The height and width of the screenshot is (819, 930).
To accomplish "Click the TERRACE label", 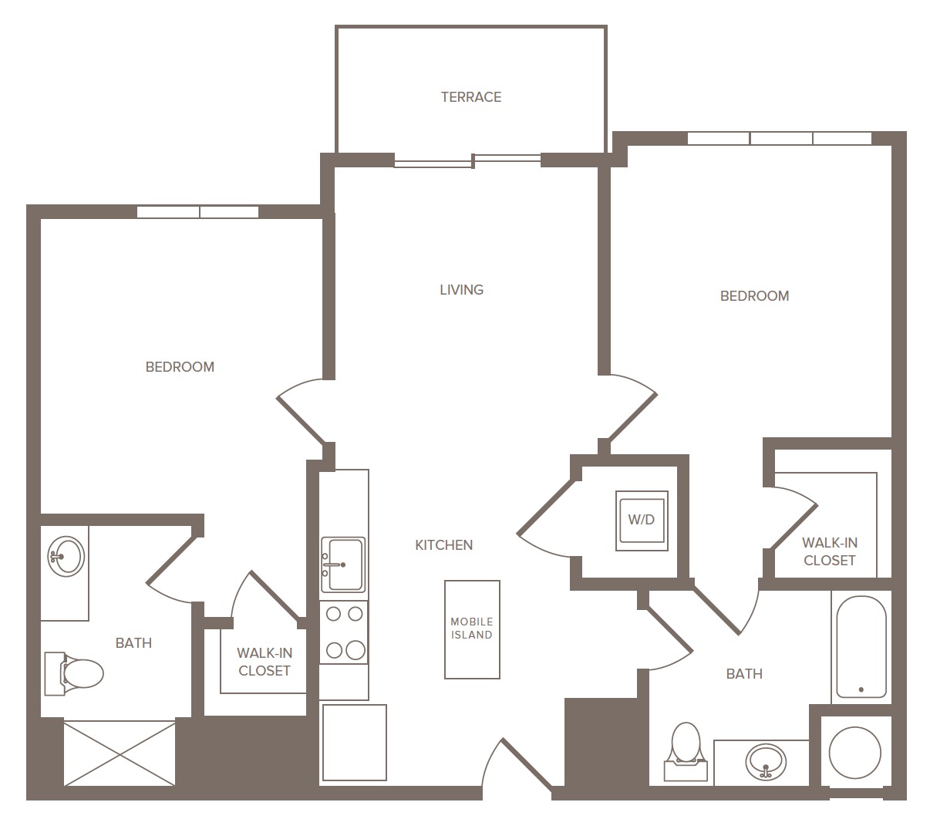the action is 471,97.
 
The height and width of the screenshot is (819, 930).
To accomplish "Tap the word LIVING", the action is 461,290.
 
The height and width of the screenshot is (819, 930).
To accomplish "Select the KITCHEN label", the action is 443,545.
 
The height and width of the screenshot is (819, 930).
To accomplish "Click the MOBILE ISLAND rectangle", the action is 472,629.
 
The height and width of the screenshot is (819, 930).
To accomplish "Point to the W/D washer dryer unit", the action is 642,520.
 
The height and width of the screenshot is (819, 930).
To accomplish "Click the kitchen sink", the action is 343,565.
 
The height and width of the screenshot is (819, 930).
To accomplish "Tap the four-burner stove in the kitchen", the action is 344,632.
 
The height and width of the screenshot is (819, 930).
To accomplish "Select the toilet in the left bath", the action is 74,673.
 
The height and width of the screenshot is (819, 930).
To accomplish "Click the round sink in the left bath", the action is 66,556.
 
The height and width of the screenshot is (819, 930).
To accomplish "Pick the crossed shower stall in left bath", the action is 120,753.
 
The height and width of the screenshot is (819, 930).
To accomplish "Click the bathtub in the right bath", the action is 861,647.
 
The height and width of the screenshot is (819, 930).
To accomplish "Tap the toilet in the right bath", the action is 686,751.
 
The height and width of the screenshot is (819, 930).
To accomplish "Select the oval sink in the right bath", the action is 766,762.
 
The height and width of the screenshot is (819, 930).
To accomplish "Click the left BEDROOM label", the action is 180,367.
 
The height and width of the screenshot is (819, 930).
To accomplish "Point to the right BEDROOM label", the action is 754,296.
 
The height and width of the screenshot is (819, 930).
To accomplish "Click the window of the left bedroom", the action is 198,211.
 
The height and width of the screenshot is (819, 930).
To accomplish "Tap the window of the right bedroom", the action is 780,138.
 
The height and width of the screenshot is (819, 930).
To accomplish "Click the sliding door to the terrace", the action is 467,161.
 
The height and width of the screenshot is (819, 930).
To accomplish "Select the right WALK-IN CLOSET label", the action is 830,551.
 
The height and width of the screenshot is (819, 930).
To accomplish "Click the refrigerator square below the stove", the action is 355,743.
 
